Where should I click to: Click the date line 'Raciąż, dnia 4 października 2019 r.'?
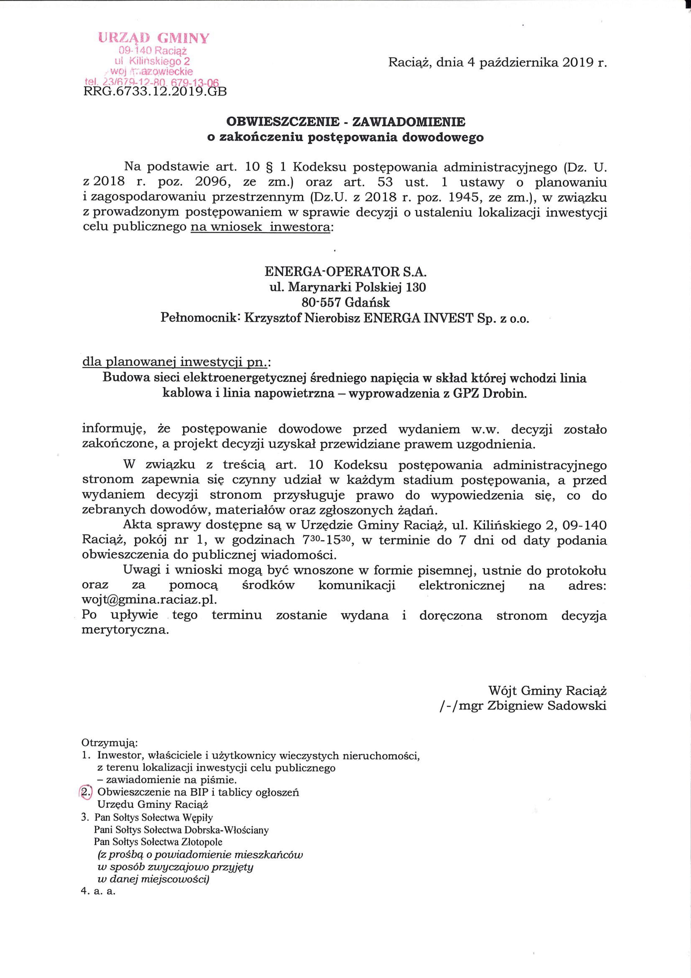click(x=497, y=63)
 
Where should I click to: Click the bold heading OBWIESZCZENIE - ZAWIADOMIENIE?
click(x=346, y=122)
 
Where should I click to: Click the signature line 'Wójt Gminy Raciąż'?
click(x=547, y=690)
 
